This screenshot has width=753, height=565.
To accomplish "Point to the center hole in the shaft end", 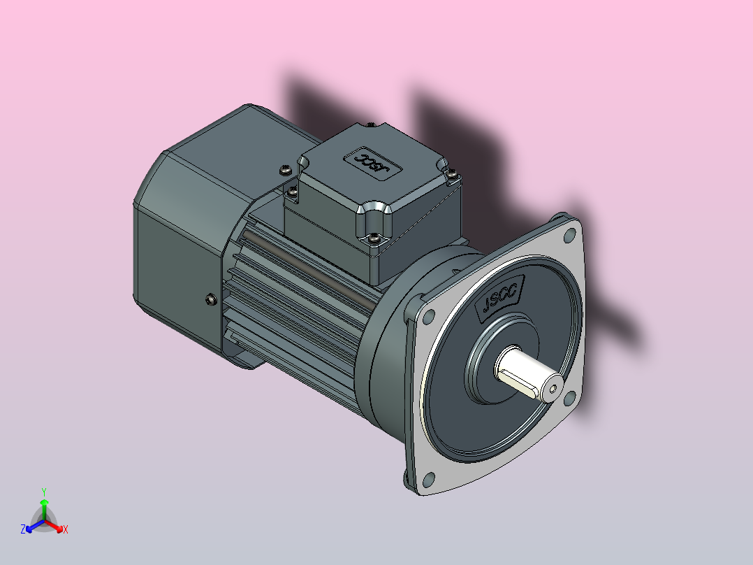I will click(x=553, y=388).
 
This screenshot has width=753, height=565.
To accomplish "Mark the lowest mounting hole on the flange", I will click(x=428, y=480).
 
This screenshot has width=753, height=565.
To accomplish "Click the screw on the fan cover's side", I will click(x=210, y=300).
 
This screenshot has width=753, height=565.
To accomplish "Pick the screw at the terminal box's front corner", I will click(x=375, y=239).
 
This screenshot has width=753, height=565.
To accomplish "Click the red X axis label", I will click(x=66, y=529).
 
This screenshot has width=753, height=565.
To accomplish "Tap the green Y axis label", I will click(x=44, y=492).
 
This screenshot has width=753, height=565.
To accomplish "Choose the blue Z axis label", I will click(x=24, y=529).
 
